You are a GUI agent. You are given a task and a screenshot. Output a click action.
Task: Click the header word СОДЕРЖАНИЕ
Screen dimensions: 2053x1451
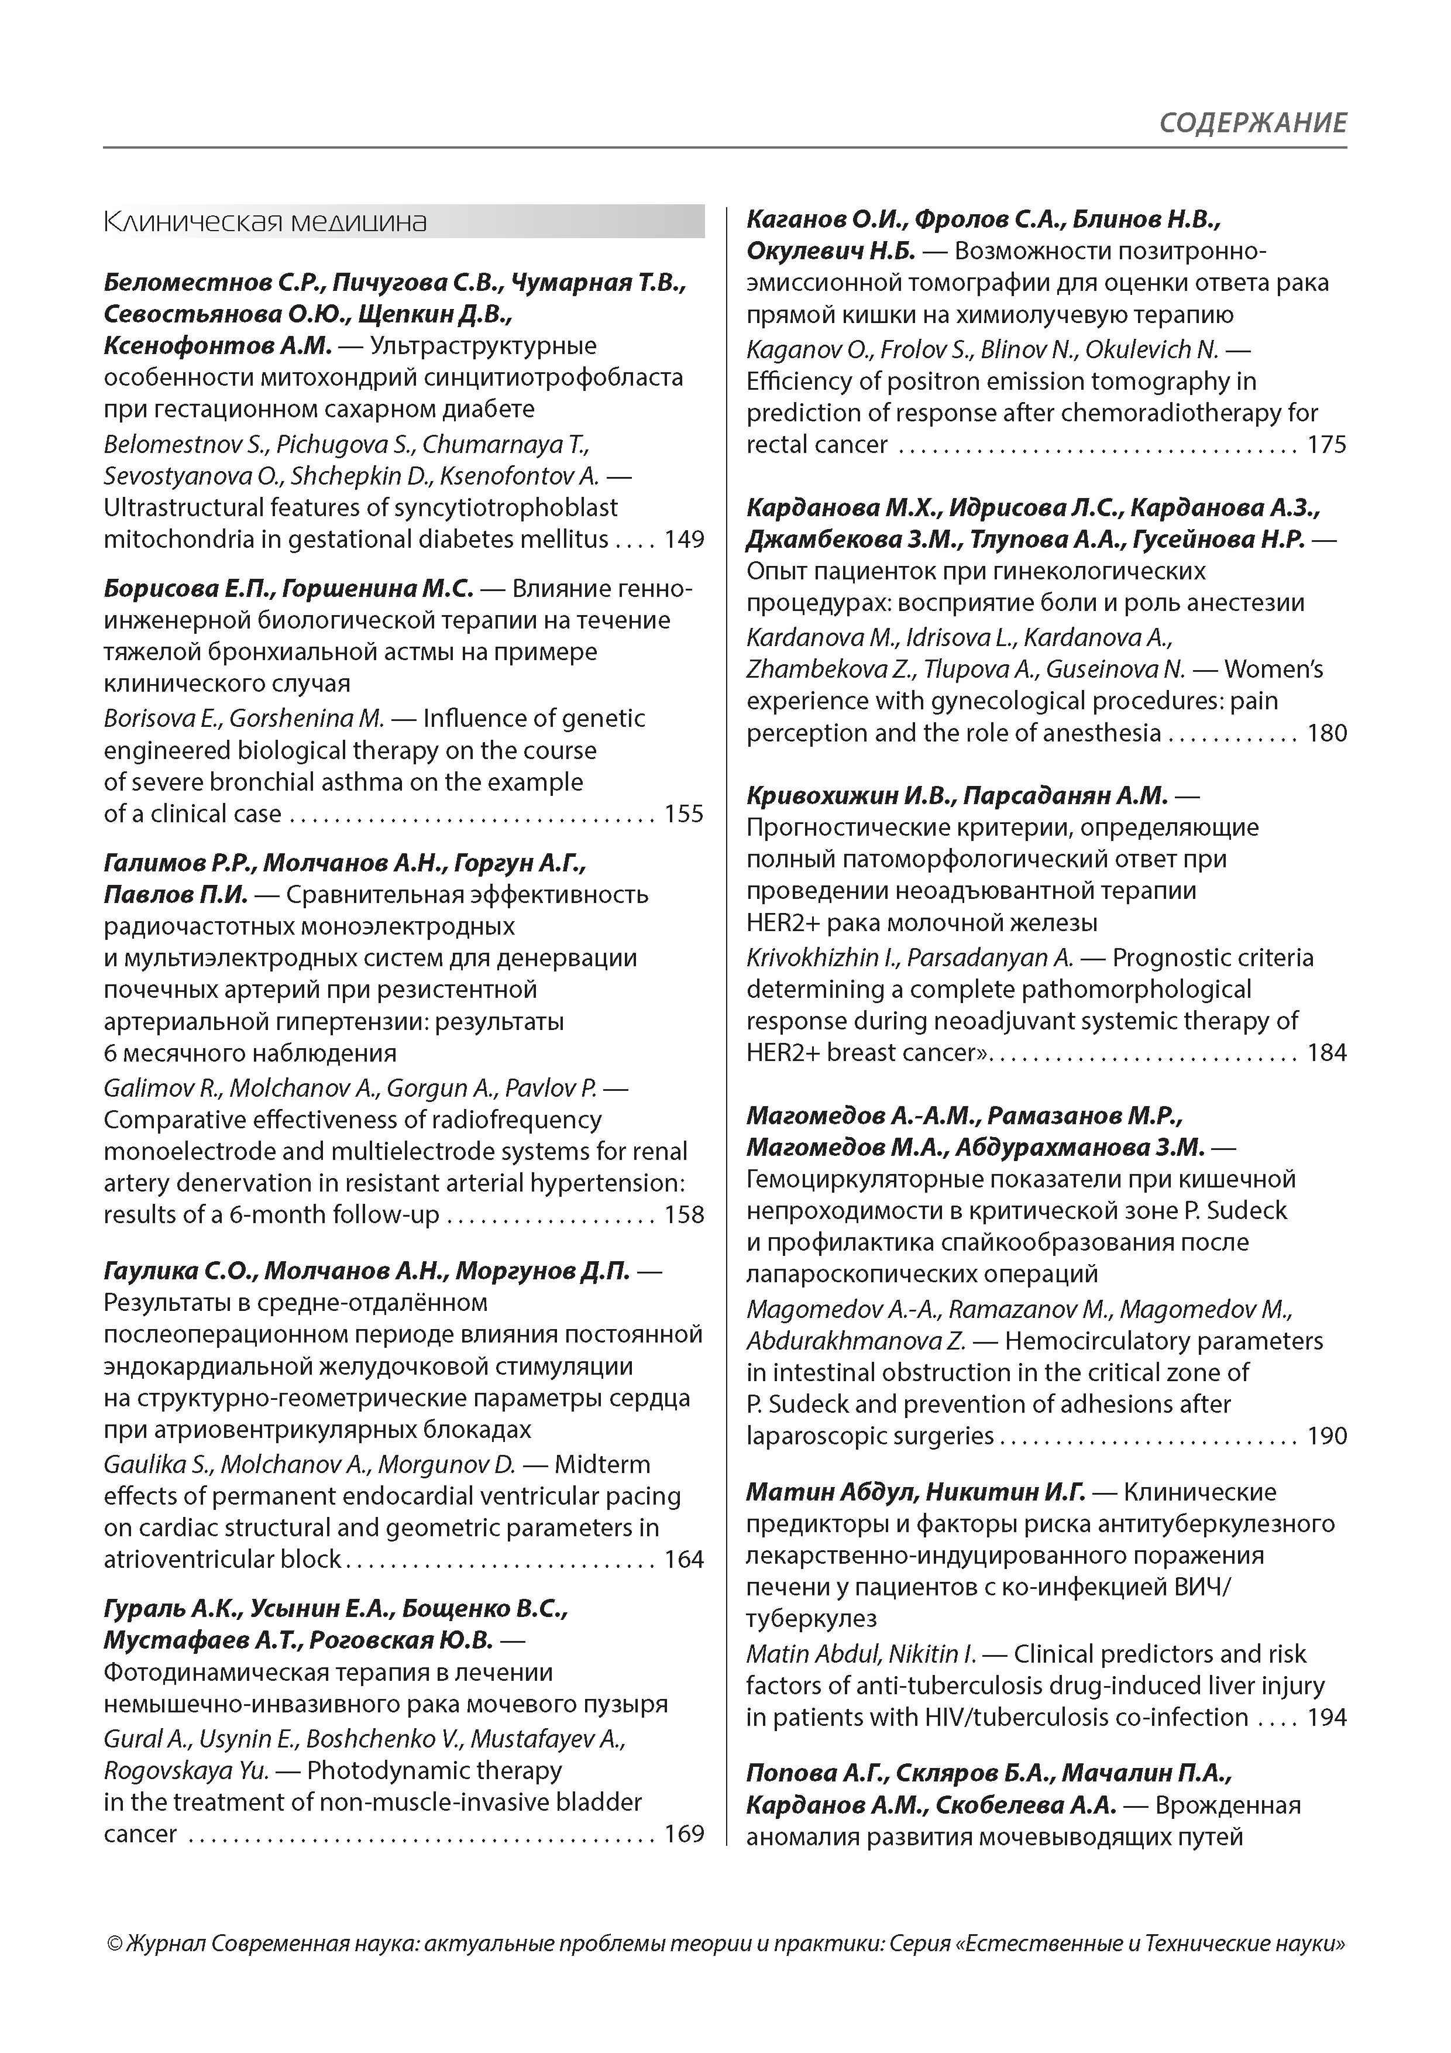[1253, 122]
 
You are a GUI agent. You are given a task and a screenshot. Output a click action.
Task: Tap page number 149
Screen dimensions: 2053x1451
[684, 540]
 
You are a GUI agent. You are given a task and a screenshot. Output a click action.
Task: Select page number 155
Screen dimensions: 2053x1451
[684, 813]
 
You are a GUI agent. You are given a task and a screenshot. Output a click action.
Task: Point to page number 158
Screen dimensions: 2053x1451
[684, 1215]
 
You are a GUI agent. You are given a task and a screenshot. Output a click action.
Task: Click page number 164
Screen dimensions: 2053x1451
[684, 1560]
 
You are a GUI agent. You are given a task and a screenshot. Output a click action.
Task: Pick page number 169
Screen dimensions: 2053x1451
[684, 1834]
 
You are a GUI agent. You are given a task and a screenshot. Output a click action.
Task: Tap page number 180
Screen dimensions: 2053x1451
[1327, 733]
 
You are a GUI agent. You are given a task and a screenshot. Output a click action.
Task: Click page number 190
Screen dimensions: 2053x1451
[1327, 1436]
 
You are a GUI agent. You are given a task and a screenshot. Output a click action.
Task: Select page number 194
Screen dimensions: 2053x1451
[1327, 1717]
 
